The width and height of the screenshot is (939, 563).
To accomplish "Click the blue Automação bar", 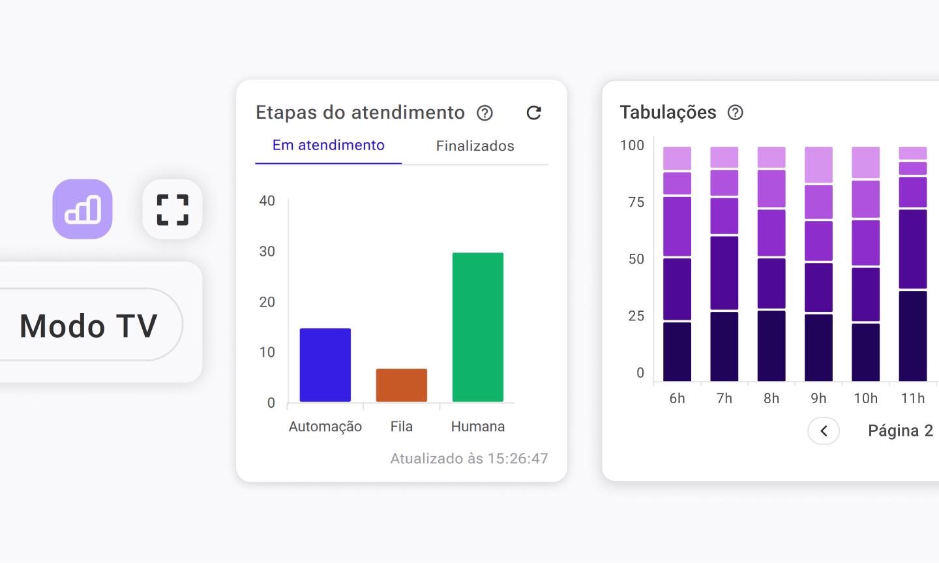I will [325, 365].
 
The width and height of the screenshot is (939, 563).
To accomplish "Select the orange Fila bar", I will [401, 385].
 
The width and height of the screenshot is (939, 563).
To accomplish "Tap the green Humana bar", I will [477, 327].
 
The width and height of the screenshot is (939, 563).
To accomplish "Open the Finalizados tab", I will [475, 146].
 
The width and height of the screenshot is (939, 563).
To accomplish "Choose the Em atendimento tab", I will [328, 145].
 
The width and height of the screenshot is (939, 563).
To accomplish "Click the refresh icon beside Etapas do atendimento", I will [533, 113].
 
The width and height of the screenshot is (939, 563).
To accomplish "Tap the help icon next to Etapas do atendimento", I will [484, 113].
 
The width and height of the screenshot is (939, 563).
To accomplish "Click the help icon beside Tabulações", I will [735, 113].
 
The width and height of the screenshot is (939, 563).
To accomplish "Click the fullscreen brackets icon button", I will [172, 209].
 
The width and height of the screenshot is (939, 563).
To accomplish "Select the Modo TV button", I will [89, 325].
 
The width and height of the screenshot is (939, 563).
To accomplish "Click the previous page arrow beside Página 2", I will [823, 431].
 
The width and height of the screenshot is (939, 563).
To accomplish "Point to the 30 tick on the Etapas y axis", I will [267, 251].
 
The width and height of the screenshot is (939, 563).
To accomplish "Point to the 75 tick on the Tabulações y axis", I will [636, 202].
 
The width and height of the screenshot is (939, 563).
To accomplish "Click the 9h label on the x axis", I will [818, 398].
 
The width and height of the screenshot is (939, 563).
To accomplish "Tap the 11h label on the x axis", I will [912, 398].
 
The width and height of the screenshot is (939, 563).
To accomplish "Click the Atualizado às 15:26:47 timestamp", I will [469, 459].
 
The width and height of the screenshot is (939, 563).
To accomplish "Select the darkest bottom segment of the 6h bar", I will [677, 351].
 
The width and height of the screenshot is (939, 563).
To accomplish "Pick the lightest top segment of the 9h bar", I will [818, 164].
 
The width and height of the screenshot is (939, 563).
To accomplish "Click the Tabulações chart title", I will [668, 112].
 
